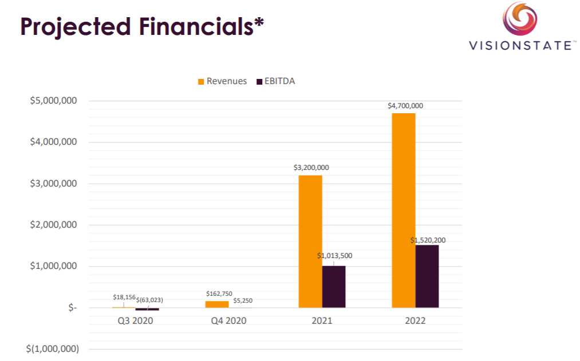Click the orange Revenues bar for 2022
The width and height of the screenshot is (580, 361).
pyautogui.click(x=404, y=210)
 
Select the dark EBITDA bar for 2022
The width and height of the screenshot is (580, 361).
pyautogui.click(x=427, y=276)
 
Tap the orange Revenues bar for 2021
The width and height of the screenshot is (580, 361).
pyautogui.click(x=310, y=241)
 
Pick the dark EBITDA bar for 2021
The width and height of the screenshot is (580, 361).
pyautogui.click(x=334, y=287)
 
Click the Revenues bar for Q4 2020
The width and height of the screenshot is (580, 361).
pyautogui.click(x=217, y=304)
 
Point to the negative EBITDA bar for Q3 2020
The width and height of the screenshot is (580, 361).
pyautogui.click(x=147, y=309)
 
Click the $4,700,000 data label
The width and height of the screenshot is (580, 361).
pyautogui.click(x=405, y=106)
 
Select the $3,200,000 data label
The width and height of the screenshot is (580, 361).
pyautogui.click(x=311, y=168)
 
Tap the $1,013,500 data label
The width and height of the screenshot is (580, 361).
pyautogui.click(x=335, y=256)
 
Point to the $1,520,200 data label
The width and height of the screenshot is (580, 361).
pyautogui.click(x=428, y=240)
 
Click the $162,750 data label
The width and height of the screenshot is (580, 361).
pyautogui.click(x=219, y=293)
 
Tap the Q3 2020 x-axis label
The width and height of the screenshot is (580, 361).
pyautogui.click(x=135, y=320)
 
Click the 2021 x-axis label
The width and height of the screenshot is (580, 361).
pyautogui.click(x=322, y=320)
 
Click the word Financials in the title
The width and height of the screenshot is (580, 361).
pyautogui.click(x=194, y=27)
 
